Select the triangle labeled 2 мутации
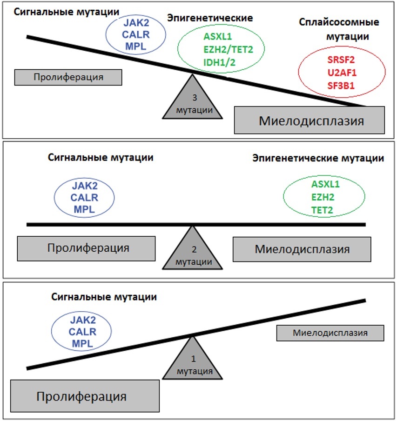point(191,253)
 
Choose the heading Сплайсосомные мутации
point(339,29)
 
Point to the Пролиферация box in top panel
point(68,77)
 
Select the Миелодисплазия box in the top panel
point(310,120)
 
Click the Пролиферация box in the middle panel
point(87,248)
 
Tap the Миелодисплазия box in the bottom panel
point(330,333)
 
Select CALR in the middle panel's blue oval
point(84,197)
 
